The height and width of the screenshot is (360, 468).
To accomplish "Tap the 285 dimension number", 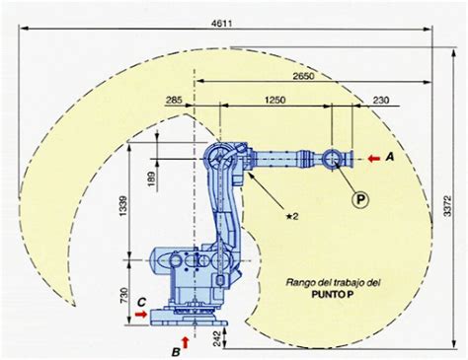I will (175, 101).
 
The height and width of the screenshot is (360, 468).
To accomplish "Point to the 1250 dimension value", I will (275, 101).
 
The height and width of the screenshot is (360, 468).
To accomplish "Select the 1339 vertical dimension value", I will (120, 208).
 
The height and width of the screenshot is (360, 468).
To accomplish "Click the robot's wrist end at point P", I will (333, 158).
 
